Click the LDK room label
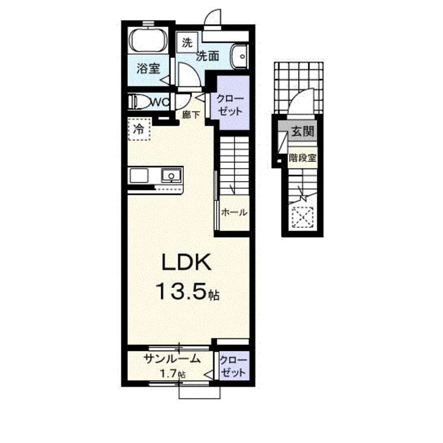click(186, 262)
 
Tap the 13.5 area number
click(181, 291)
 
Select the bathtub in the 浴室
click(148, 41)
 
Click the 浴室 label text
click(148, 69)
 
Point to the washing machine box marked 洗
click(187, 42)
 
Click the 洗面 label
click(208, 56)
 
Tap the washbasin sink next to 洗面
click(240, 56)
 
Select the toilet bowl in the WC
click(139, 102)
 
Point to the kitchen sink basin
click(171, 176)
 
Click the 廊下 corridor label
click(191, 115)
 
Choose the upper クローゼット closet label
click(230, 105)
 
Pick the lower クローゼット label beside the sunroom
click(233, 367)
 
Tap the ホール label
click(234, 212)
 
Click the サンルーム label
click(172, 359)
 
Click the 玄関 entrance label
click(303, 131)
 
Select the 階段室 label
click(302, 158)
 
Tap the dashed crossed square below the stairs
click(303, 217)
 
